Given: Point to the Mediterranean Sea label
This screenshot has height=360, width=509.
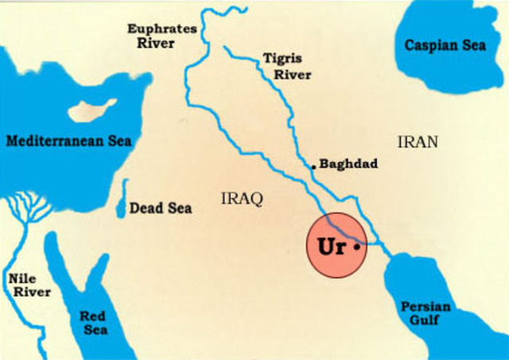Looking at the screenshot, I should coord(69,141).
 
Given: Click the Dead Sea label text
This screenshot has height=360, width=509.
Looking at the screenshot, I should coord(161,208).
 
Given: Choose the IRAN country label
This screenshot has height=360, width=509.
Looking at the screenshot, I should coord(418,143).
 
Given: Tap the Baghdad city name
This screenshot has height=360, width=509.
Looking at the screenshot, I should coord(348,164).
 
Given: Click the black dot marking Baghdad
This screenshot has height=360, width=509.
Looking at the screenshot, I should coord(314,167).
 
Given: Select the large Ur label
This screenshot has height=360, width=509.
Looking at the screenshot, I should coord(331,246).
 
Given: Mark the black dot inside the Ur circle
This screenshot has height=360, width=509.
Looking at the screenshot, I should coord(357,247).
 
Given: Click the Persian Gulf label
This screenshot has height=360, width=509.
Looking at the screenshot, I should coord(425,313).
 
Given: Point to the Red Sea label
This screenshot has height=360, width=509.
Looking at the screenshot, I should coord(93,323).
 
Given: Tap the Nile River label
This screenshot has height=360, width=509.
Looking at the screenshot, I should coord(29,285).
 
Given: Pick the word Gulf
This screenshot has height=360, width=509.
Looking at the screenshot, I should coord(425,320).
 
